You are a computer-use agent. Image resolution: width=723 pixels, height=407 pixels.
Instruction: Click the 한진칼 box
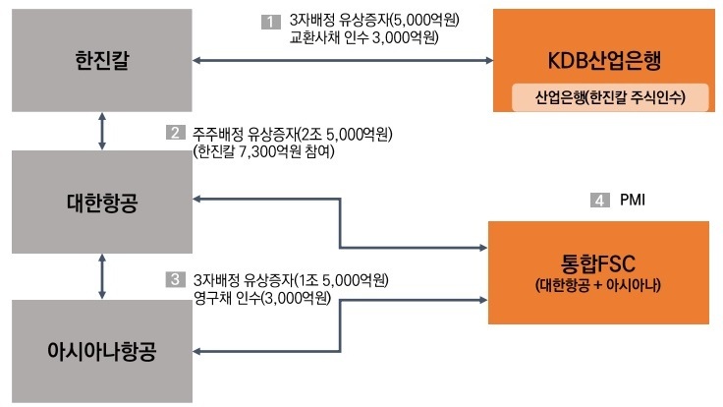[102, 60]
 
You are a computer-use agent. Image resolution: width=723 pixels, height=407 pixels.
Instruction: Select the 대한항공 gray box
[102, 203]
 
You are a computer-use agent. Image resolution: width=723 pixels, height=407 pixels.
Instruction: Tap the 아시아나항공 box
[102, 351]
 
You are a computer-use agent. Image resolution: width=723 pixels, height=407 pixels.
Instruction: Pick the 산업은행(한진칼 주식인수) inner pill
[609, 97]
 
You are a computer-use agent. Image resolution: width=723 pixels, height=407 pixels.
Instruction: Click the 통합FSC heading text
[598, 262]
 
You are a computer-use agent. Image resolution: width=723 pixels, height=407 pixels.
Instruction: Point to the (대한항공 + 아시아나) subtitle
[598, 286]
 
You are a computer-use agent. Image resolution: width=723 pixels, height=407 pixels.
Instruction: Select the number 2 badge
[174, 133]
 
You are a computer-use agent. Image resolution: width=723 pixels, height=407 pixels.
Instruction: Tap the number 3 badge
[174, 279]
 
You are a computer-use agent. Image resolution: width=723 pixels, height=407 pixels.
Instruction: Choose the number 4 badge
[598, 201]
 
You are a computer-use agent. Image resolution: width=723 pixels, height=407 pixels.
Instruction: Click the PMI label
[633, 201]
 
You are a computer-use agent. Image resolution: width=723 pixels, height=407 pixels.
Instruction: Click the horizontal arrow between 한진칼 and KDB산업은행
[344, 61]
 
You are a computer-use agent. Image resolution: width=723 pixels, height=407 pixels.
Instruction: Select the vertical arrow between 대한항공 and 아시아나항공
[103, 277]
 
